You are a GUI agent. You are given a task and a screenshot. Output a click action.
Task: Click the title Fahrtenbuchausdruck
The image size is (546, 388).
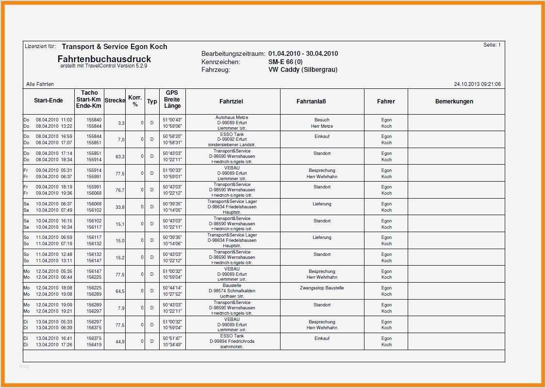click(x=104, y=59)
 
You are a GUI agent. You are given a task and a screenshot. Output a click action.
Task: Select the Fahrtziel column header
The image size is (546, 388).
click(x=231, y=101)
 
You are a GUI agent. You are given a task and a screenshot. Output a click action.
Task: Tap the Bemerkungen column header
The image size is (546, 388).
click(x=454, y=101)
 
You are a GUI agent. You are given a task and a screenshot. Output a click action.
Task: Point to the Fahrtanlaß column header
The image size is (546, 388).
click(x=311, y=101)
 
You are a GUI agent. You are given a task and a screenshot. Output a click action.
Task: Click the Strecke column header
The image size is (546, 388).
click(x=115, y=101)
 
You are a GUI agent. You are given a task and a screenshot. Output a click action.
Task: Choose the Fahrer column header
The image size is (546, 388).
click(x=386, y=101)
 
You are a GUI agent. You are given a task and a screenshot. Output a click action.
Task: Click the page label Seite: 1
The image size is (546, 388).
click(x=492, y=45)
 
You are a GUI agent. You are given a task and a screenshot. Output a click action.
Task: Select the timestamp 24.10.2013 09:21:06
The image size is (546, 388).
click(x=477, y=84)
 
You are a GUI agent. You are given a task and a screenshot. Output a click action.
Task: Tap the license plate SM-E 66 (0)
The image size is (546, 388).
click(x=285, y=62)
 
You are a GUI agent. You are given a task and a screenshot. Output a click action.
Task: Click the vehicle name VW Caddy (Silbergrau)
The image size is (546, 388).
click(x=303, y=70)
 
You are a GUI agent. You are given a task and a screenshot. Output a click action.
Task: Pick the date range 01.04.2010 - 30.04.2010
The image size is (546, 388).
click(x=303, y=54)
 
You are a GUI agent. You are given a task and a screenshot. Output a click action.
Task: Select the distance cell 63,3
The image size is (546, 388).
click(x=120, y=157)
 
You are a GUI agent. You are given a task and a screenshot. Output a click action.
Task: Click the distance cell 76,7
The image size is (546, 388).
click(x=120, y=190)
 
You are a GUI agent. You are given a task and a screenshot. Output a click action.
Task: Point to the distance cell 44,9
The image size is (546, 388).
click(x=120, y=342)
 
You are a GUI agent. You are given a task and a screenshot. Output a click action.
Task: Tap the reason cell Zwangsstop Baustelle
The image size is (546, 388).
click(x=322, y=288)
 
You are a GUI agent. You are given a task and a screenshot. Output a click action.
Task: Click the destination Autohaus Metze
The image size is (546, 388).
click(x=232, y=118)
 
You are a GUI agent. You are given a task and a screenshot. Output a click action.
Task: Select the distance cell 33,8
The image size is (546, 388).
click(x=120, y=207)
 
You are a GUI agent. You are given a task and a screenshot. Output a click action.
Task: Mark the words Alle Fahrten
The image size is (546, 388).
click(x=40, y=84)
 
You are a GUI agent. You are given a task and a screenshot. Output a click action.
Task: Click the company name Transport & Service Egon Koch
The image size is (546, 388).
click(x=114, y=47)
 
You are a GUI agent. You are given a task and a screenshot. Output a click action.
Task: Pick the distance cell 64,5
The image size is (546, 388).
click(x=120, y=291)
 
